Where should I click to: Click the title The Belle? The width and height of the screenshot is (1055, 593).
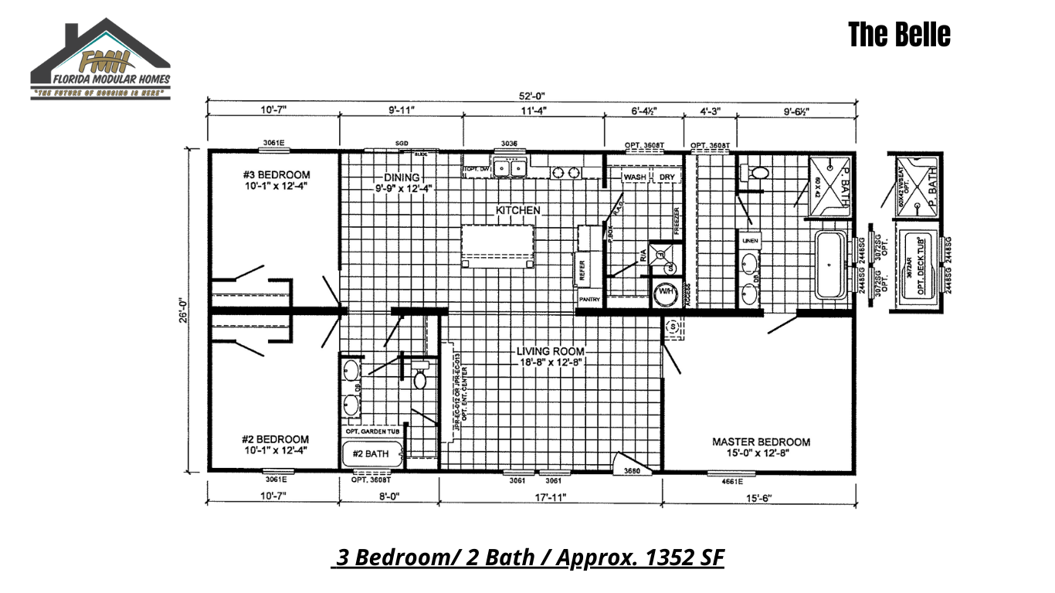pos(899,35)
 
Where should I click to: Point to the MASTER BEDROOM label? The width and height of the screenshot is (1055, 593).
pos(761,442)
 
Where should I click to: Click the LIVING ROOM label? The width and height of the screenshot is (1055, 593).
pos(551,351)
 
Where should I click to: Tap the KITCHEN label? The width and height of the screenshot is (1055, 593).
pos(517,210)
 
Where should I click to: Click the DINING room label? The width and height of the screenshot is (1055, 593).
pos(402,177)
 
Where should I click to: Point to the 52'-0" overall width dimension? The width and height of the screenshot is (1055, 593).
pos(532,96)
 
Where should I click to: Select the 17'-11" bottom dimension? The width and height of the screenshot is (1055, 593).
pos(550,498)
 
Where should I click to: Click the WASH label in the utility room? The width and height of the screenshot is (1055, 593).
pos(634,177)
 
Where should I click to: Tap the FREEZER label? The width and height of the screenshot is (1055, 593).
pos(676,222)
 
